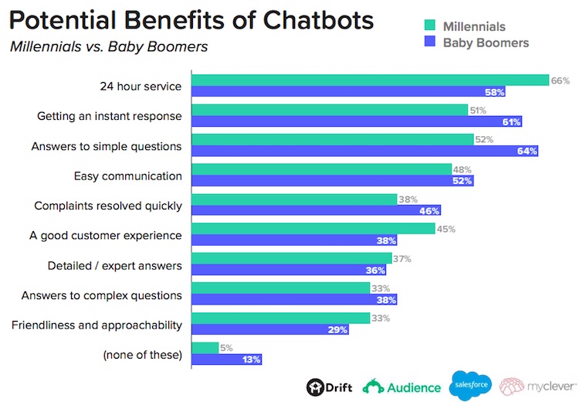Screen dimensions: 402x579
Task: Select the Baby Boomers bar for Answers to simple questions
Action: [364, 151]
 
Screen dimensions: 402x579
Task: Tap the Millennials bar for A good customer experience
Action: [313, 228]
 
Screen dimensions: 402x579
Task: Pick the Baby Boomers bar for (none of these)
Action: [227, 359]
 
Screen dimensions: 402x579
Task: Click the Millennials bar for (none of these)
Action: [205, 347]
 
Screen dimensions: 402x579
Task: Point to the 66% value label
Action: [560, 80]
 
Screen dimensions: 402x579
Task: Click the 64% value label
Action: [527, 151]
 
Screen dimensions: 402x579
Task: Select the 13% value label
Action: [252, 359]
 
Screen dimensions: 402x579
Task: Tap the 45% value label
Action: [445, 229]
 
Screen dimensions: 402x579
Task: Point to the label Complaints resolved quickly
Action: [108, 206]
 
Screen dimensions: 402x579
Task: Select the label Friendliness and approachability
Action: [96, 325]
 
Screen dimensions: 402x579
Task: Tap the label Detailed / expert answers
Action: [113, 265]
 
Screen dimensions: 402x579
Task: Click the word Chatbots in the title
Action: [306, 19]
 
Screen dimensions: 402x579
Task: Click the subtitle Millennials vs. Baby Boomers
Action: [109, 46]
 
